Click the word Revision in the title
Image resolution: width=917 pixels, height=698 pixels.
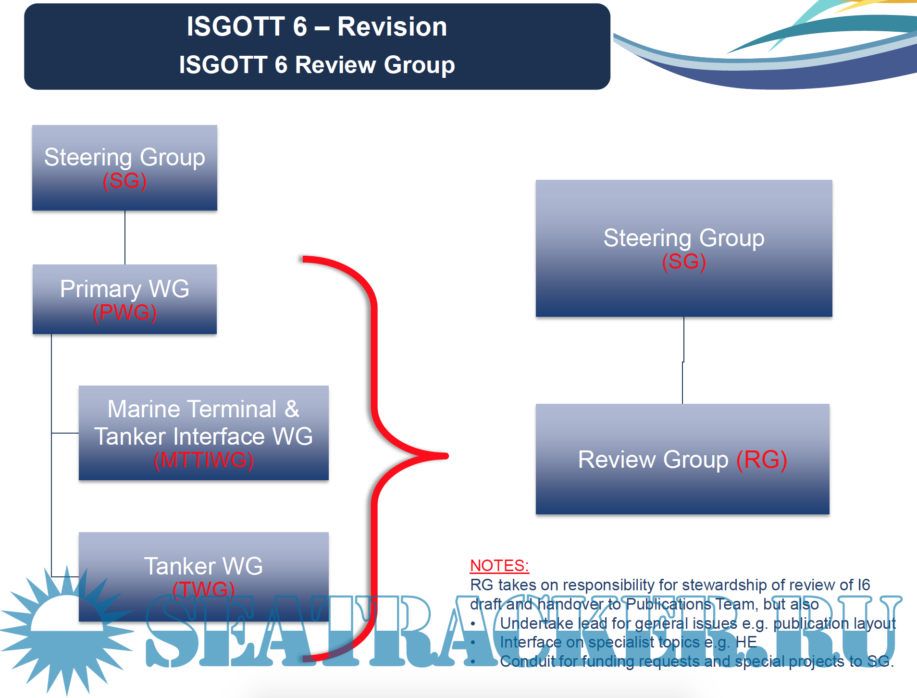click(392, 26)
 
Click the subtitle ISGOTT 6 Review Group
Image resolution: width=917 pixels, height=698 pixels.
click(317, 64)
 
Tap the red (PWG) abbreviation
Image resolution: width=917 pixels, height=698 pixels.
click(124, 313)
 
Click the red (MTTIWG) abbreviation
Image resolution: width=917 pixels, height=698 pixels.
click(203, 460)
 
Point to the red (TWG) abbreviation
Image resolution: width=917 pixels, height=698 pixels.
click(203, 589)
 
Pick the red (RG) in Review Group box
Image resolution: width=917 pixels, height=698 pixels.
click(761, 460)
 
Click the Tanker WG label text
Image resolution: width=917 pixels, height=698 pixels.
click(203, 566)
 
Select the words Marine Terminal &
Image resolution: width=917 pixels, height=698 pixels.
click(203, 409)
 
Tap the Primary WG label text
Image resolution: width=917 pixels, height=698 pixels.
click(124, 289)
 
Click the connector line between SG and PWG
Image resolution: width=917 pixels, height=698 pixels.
click(125, 237)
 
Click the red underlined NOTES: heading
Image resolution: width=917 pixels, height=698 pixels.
click(499, 565)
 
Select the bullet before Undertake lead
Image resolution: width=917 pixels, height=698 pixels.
click(473, 623)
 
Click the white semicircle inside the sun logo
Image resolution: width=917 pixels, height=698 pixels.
click(67, 615)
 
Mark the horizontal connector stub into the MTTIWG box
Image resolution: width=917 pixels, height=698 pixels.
click(65, 433)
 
